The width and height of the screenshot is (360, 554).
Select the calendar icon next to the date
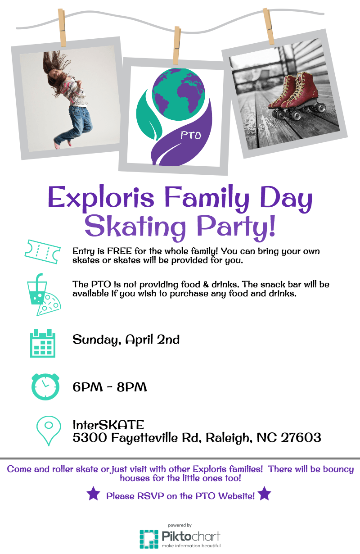[x=43, y=343]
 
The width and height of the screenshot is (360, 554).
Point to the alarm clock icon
[x=45, y=386]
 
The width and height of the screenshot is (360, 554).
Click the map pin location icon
[x=48, y=430]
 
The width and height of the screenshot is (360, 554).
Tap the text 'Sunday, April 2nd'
[x=126, y=339]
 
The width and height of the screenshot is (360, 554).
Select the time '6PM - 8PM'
[x=110, y=387]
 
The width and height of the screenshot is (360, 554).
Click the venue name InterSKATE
[x=108, y=425]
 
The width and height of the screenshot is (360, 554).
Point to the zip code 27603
[x=301, y=437]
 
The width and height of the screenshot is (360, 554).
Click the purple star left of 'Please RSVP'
[x=93, y=495]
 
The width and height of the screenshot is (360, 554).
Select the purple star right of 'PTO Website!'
[x=265, y=494]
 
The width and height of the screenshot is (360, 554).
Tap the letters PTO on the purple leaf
[x=191, y=135]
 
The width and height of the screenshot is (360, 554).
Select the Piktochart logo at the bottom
[x=180, y=538]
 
